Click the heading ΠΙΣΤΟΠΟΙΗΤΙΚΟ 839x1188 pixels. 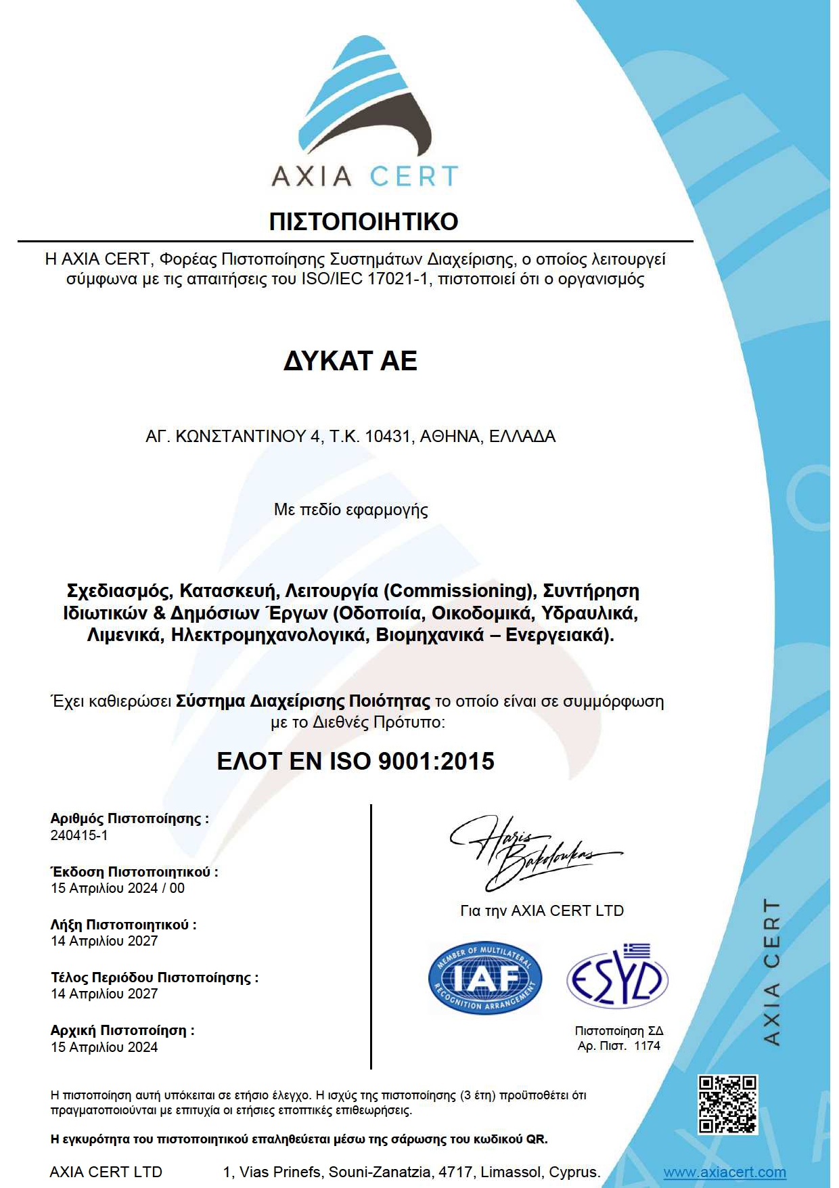[x=363, y=221]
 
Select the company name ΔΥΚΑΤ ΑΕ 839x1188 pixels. [x=350, y=361]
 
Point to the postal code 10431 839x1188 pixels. [x=388, y=437]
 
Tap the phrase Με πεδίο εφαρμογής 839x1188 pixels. [x=350, y=510]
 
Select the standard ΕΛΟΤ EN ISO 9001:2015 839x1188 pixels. [x=355, y=762]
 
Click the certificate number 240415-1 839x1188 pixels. [x=79, y=835]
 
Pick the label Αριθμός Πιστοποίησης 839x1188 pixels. [x=129, y=818]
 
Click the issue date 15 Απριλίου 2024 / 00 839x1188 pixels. [x=118, y=888]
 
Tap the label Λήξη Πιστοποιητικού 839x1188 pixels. [x=123, y=925]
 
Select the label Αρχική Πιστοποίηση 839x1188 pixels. [x=122, y=1030]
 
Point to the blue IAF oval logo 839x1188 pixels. [x=485, y=978]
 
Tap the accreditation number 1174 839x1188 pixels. [x=647, y=1046]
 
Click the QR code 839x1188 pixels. [x=727, y=1104]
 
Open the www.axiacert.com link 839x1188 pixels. [x=724, y=1172]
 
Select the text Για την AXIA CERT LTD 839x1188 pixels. [x=541, y=911]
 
